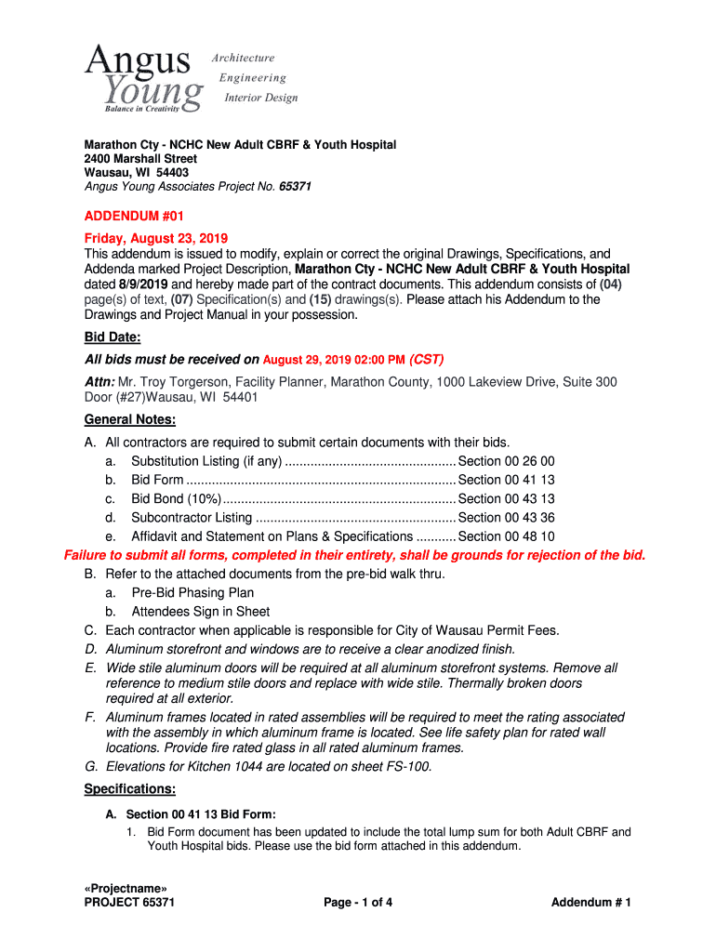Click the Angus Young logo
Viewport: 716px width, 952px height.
point(144,78)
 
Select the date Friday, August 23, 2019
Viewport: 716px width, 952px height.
point(156,238)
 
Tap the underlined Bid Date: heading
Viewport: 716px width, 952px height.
point(113,336)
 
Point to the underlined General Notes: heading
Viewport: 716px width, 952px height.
point(129,419)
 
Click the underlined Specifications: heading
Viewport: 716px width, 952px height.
point(130,789)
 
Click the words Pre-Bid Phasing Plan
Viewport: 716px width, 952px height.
point(192,592)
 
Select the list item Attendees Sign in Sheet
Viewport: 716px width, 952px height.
point(201,612)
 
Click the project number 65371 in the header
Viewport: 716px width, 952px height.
point(295,187)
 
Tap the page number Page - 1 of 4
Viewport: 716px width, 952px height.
point(358,903)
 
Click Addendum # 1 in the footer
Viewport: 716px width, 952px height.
point(591,903)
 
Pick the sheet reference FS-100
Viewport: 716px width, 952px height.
point(406,766)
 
